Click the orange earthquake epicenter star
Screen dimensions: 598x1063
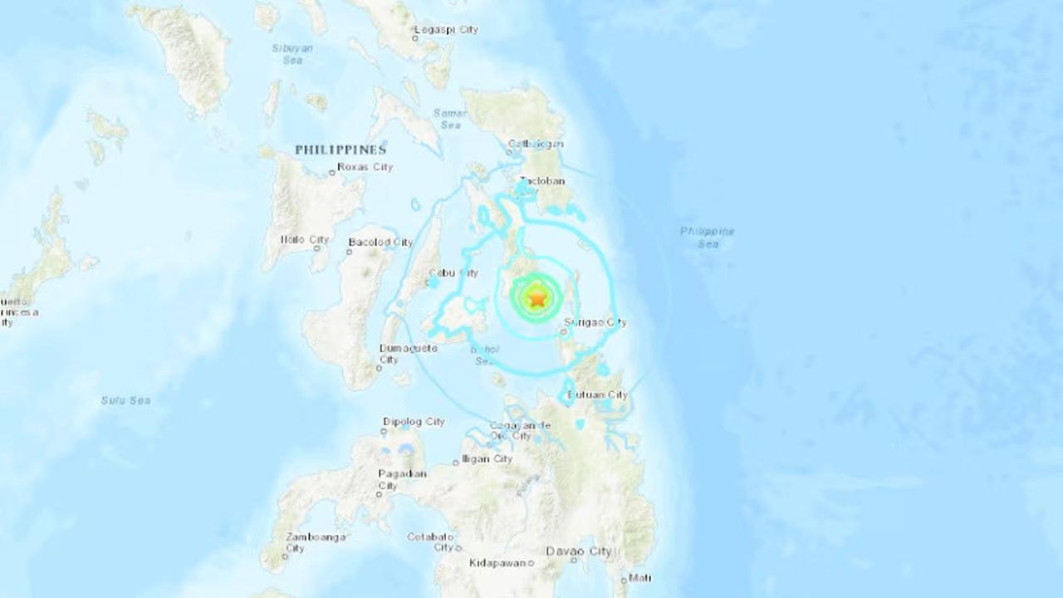coord(537,297)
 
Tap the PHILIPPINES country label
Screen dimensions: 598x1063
coord(340,150)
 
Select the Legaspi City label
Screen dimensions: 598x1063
coord(449,30)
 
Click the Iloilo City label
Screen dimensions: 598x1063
coord(305,239)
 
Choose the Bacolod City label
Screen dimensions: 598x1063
coord(380,243)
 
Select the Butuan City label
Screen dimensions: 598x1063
coord(597,395)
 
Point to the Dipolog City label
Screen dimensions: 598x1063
coord(414,422)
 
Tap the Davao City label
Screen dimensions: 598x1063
coord(579,551)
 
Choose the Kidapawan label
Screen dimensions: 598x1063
coord(497,563)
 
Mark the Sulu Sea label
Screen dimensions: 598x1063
coord(125,400)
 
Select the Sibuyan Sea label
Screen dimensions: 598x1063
coord(292,54)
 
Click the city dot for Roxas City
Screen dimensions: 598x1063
coord(331,173)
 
